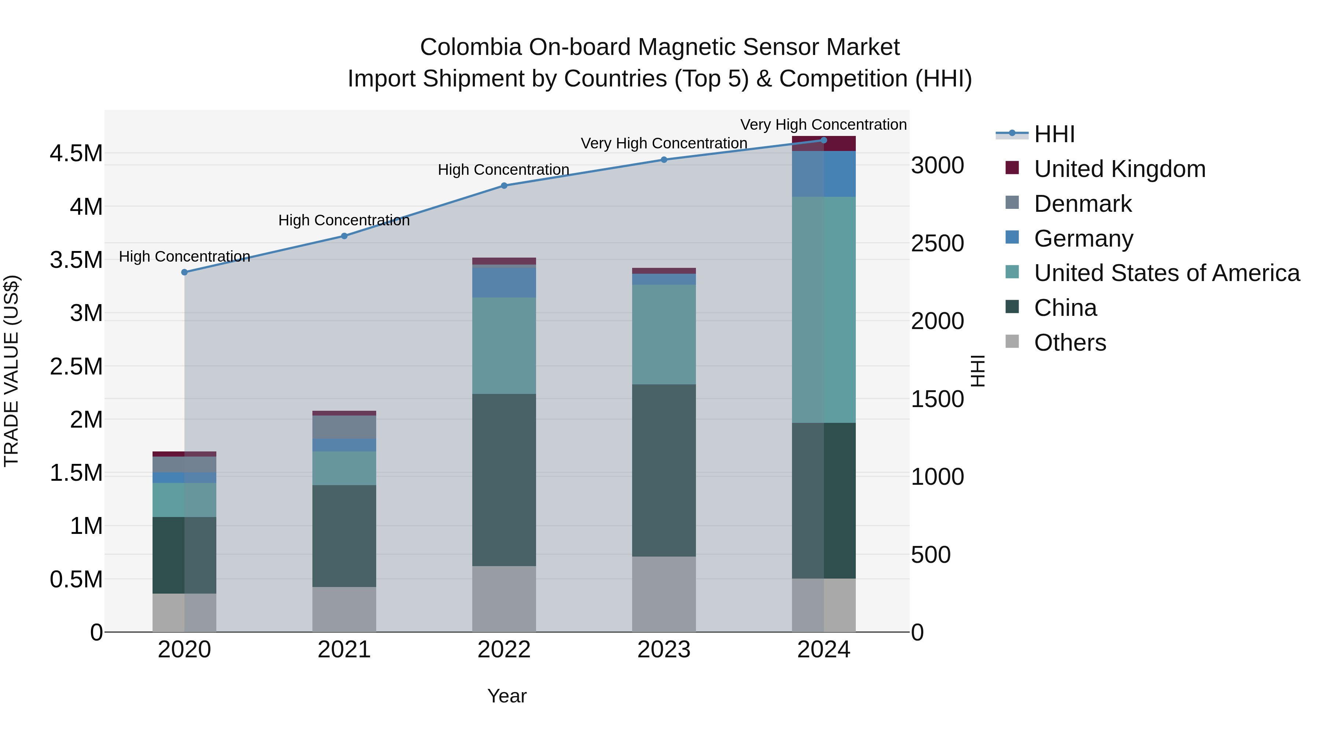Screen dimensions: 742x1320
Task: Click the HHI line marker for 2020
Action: click(184, 272)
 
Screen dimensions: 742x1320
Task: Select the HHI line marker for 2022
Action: click(504, 186)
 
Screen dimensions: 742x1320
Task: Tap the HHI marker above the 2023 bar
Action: click(664, 160)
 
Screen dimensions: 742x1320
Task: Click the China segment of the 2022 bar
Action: click(504, 480)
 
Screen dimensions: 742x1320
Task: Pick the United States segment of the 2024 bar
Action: click(824, 310)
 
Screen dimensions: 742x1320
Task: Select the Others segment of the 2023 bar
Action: click(664, 594)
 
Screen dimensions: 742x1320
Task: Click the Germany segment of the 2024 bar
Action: click(824, 174)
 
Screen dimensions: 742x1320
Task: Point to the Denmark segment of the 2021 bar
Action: click(344, 427)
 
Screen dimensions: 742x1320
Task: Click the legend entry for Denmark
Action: click(1082, 204)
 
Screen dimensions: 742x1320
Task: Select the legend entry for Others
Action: click(1070, 343)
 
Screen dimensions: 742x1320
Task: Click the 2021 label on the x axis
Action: click(344, 650)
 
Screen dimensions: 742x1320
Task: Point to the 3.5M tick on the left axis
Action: click(76, 260)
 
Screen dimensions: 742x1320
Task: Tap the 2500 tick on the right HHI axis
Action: click(937, 244)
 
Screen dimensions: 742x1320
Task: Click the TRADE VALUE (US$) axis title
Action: click(11, 371)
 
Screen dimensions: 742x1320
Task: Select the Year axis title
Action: click(506, 696)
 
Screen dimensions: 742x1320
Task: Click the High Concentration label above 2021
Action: click(344, 220)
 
